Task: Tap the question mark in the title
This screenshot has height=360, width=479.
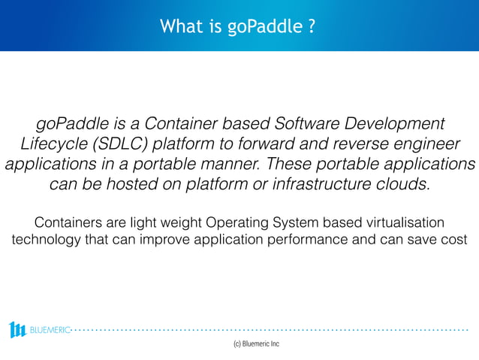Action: [x=310, y=27]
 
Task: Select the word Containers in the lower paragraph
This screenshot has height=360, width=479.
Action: [x=69, y=223]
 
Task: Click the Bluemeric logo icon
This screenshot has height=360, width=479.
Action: [x=18, y=329]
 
